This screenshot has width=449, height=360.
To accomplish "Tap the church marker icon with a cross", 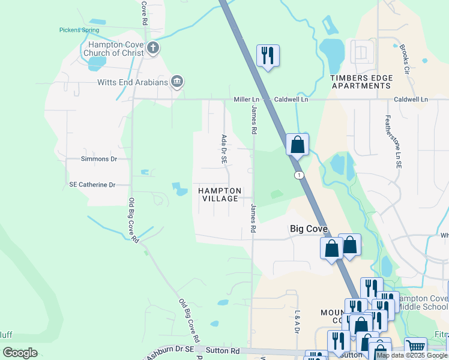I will pyautogui.click(x=152, y=48).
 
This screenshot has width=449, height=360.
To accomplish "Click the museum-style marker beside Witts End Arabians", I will pyautogui.click(x=176, y=82).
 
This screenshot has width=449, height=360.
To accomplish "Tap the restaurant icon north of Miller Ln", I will pyautogui.click(x=267, y=56).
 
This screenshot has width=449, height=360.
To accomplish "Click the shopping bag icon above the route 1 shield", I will pyautogui.click(x=297, y=145).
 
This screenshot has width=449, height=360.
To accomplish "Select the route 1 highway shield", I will pyautogui.click(x=298, y=175).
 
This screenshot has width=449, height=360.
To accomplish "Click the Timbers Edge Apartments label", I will pyautogui.click(x=361, y=82).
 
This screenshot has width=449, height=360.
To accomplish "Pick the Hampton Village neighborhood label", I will pyautogui.click(x=220, y=194).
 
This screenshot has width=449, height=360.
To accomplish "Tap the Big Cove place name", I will pyautogui.click(x=309, y=229).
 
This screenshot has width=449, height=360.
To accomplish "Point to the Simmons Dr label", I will pyautogui.click(x=98, y=159).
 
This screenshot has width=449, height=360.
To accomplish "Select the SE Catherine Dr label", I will pyautogui.click(x=92, y=185).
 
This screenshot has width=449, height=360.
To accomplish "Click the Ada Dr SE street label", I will pyautogui.click(x=223, y=150).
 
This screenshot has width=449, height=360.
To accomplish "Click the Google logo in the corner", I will pyautogui.click(x=20, y=353).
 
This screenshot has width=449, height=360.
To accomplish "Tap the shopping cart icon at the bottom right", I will pyautogui.click(x=415, y=346).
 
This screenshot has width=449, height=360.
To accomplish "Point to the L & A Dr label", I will pyautogui.click(x=297, y=322).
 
